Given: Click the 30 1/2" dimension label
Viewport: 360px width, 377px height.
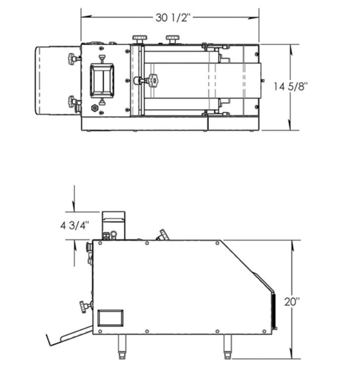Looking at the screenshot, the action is pos(173,17).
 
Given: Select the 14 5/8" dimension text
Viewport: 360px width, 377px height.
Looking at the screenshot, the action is pos(291,86).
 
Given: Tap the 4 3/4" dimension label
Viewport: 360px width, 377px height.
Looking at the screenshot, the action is pos(75,226).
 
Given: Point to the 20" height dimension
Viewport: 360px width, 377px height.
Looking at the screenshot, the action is pos(292,302).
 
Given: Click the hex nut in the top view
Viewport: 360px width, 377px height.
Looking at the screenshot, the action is pos(94,107).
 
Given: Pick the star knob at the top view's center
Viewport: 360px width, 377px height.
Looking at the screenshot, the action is pos(153,81).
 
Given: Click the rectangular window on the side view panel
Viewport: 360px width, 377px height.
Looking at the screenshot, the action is pos(110,318).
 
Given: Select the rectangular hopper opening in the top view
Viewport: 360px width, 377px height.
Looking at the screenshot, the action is pos(102,81).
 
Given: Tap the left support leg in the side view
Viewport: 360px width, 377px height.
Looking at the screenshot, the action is pos(122,346).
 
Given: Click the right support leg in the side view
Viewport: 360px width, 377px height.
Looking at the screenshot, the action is pos(227,346).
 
